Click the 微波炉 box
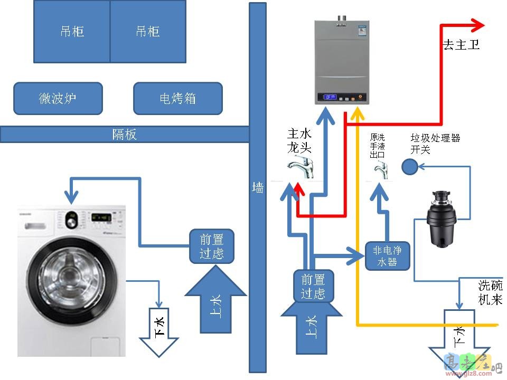tap(58, 98)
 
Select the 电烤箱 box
tap(177, 98)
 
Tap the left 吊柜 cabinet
tap(72, 31)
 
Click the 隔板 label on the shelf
tap(125, 134)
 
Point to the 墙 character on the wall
tap(258, 187)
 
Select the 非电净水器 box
tap(387, 256)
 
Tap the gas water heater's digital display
tap(331, 98)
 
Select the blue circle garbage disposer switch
tap(409, 167)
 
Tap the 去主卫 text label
tap(461, 45)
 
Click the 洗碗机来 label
tap(490, 292)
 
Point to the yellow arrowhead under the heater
tap(358, 112)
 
